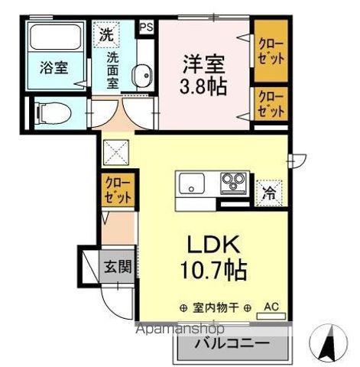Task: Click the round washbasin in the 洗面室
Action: click(141, 76)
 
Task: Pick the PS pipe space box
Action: click(146, 27)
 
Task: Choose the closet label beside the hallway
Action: click(119, 189)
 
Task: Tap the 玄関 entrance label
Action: click(118, 268)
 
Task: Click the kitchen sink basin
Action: click(192, 184)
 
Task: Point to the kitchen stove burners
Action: click(232, 183)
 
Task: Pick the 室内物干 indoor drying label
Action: click(216, 307)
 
